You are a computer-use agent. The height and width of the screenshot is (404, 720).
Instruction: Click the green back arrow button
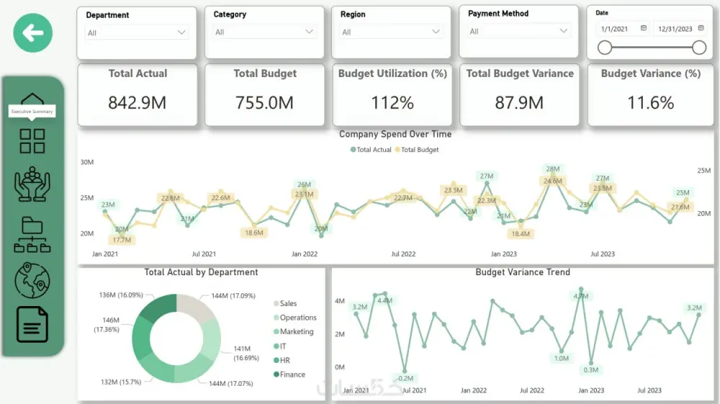[x=33, y=32]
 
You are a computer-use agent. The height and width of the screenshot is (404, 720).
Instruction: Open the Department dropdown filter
[x=137, y=32]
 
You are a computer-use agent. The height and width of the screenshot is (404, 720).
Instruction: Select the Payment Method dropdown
[x=519, y=31]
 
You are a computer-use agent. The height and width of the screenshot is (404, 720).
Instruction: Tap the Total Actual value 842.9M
[x=137, y=103]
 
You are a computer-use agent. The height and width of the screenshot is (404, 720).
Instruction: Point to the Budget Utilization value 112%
[x=392, y=103]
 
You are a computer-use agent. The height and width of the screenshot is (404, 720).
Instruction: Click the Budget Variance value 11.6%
[x=650, y=103]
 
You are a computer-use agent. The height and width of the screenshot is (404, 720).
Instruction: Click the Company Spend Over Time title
[x=395, y=134]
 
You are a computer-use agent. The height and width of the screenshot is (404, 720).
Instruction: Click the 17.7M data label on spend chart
[x=122, y=240]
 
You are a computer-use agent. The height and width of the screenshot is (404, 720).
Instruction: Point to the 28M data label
[x=553, y=169]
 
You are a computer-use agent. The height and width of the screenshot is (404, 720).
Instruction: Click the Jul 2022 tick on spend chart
[x=403, y=254]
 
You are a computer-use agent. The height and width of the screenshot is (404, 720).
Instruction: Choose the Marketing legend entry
[x=296, y=332]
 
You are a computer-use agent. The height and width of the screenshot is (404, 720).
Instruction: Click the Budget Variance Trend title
[x=523, y=272]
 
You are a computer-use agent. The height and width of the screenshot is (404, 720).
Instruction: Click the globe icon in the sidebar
[x=32, y=280]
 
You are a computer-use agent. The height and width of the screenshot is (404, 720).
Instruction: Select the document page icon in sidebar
[x=32, y=325]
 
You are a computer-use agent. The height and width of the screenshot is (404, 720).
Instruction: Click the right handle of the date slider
[x=698, y=48]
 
